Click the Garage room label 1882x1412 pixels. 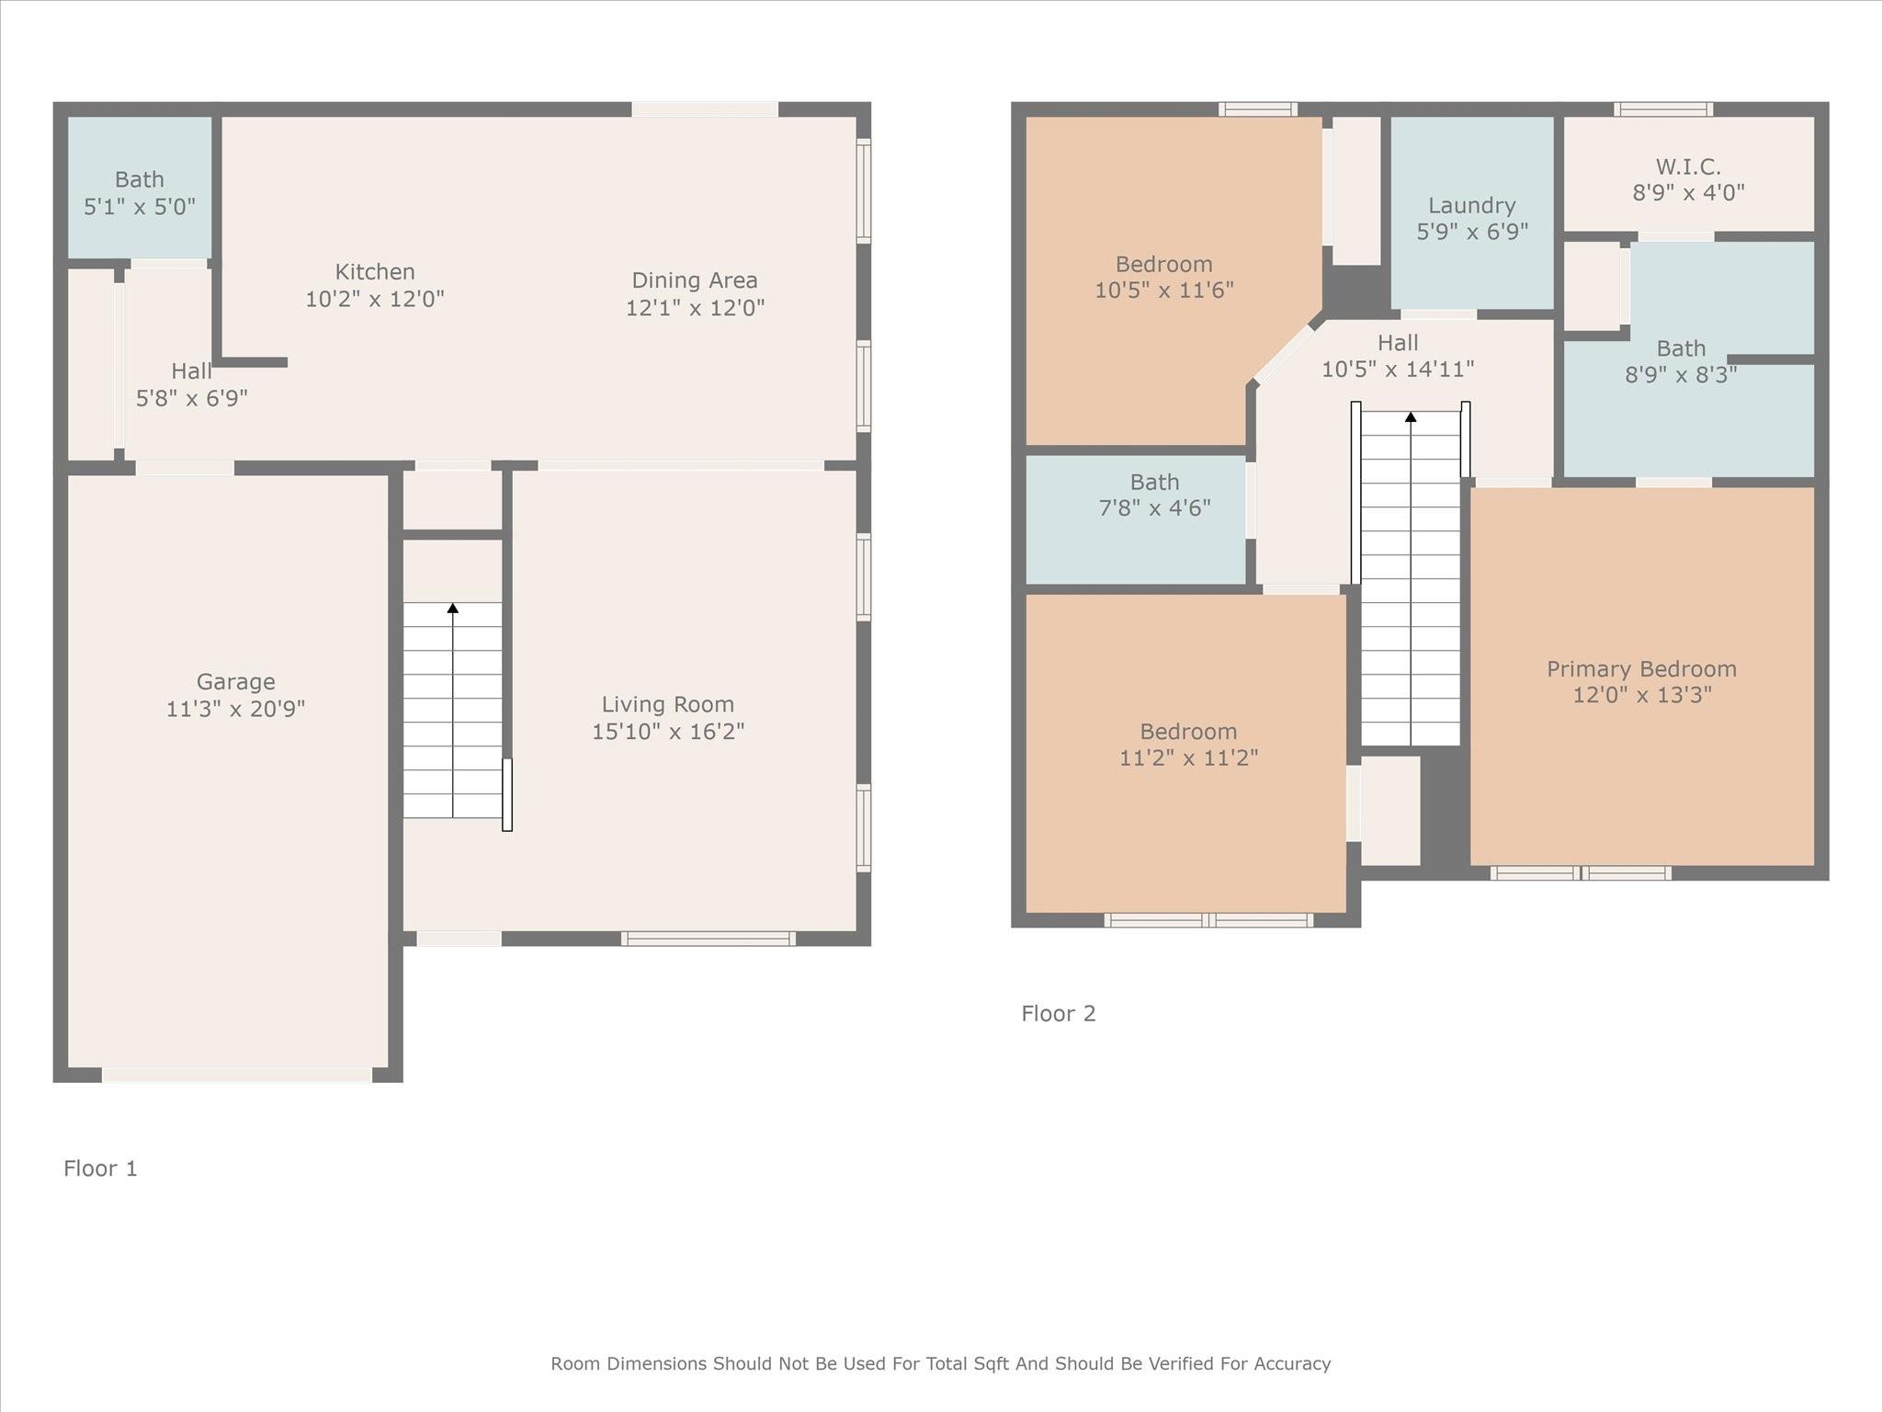(235, 681)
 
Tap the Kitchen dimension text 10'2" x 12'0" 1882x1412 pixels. (374, 299)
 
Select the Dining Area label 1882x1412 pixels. (694, 280)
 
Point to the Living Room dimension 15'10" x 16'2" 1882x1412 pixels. (667, 732)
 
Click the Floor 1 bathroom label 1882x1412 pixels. (139, 179)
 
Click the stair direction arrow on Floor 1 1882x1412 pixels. (452, 609)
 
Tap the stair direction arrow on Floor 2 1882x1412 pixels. (1410, 417)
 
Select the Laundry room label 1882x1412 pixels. (1471, 205)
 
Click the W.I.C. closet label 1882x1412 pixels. (1687, 166)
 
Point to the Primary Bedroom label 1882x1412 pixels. (1640, 669)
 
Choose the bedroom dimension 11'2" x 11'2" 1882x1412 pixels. (1187, 758)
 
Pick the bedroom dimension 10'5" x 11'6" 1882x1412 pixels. (1163, 290)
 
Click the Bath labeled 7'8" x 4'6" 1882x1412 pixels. (1154, 482)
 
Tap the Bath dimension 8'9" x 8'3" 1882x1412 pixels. (1680, 375)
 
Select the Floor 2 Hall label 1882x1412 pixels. (1397, 343)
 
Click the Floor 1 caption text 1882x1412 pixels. (100, 1168)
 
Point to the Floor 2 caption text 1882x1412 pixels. (1058, 1014)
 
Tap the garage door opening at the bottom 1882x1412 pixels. (236, 1075)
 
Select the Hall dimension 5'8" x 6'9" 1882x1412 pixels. (191, 399)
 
